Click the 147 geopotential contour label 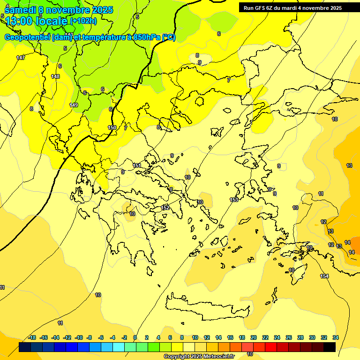coord(21,58)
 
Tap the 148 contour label coord(55,76)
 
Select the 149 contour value coord(74,105)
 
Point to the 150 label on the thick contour coord(112,127)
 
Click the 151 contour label coord(137,165)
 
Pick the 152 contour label coord(165,208)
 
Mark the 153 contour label coord(234,200)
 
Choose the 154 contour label coord(324,276)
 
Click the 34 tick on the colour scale coord(335,337)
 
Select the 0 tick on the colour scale coord(135,337)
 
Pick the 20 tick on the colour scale coord(254,337)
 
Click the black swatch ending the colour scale coord(330,347)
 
